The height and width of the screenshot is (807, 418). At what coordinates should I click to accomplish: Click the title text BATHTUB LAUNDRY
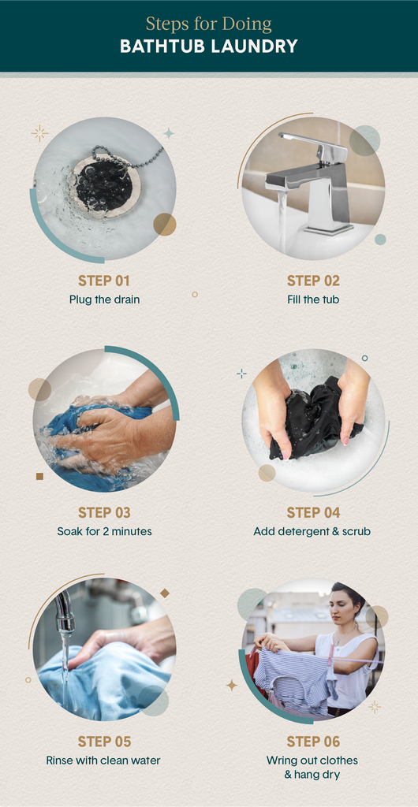(x=209, y=46)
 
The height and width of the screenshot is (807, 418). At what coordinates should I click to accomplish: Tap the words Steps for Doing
(x=208, y=24)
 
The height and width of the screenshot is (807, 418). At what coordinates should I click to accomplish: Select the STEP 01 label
(x=104, y=281)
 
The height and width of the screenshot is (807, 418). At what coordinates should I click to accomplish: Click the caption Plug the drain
(x=104, y=299)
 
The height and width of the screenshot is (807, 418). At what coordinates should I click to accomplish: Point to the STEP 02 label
(x=313, y=281)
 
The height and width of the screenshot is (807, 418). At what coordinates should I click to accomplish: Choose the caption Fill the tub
(x=313, y=299)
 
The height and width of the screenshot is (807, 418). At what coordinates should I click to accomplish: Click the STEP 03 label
(x=104, y=512)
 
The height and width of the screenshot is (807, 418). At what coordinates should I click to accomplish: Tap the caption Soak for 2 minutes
(x=104, y=530)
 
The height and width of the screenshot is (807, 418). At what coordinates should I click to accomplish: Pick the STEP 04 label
(x=313, y=512)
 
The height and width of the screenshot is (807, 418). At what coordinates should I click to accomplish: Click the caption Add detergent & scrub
(x=312, y=530)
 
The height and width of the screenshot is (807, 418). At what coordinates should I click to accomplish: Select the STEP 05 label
(x=104, y=742)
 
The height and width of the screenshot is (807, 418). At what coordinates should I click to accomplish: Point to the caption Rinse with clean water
(x=104, y=760)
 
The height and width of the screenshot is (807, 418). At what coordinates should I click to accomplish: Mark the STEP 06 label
(x=313, y=742)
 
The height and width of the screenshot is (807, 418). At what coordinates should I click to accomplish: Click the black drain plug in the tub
(x=104, y=185)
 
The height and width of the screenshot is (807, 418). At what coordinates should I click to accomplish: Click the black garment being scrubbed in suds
(x=314, y=419)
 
